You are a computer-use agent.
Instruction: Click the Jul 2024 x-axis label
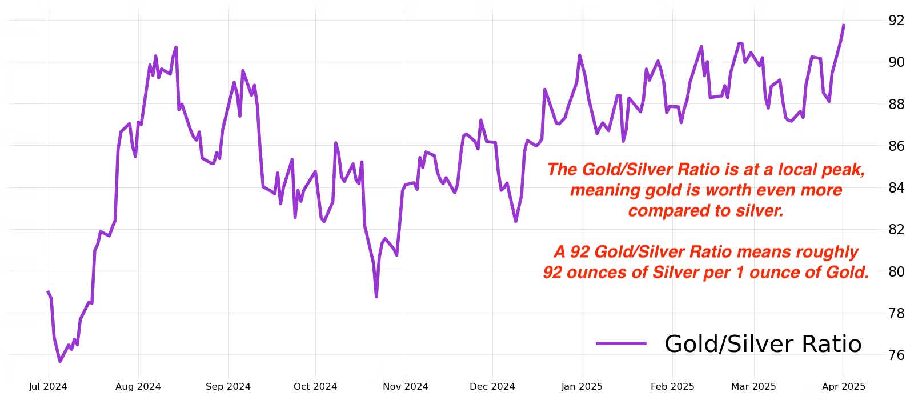click(x=48, y=387)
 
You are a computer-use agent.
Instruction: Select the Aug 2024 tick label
click(x=138, y=387)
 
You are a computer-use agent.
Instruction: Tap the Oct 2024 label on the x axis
click(x=315, y=387)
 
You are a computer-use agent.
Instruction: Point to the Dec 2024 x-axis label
click(x=492, y=387)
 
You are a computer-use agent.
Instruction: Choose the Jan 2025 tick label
click(x=582, y=387)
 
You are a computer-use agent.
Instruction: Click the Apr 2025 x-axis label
click(x=843, y=387)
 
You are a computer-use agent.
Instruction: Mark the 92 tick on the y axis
click(x=896, y=21)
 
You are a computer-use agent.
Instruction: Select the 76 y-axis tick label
click(x=896, y=355)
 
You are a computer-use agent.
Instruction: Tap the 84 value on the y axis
click(x=896, y=188)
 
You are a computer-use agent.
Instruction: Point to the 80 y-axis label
click(x=896, y=271)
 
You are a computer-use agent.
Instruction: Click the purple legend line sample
click(x=621, y=343)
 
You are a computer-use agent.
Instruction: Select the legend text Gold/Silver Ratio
click(x=763, y=344)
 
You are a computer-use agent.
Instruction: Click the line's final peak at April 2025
click(x=844, y=25)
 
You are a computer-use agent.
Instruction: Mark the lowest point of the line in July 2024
click(x=59, y=361)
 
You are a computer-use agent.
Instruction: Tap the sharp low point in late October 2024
click(x=376, y=297)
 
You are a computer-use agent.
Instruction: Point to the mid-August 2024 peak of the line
click(x=176, y=47)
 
